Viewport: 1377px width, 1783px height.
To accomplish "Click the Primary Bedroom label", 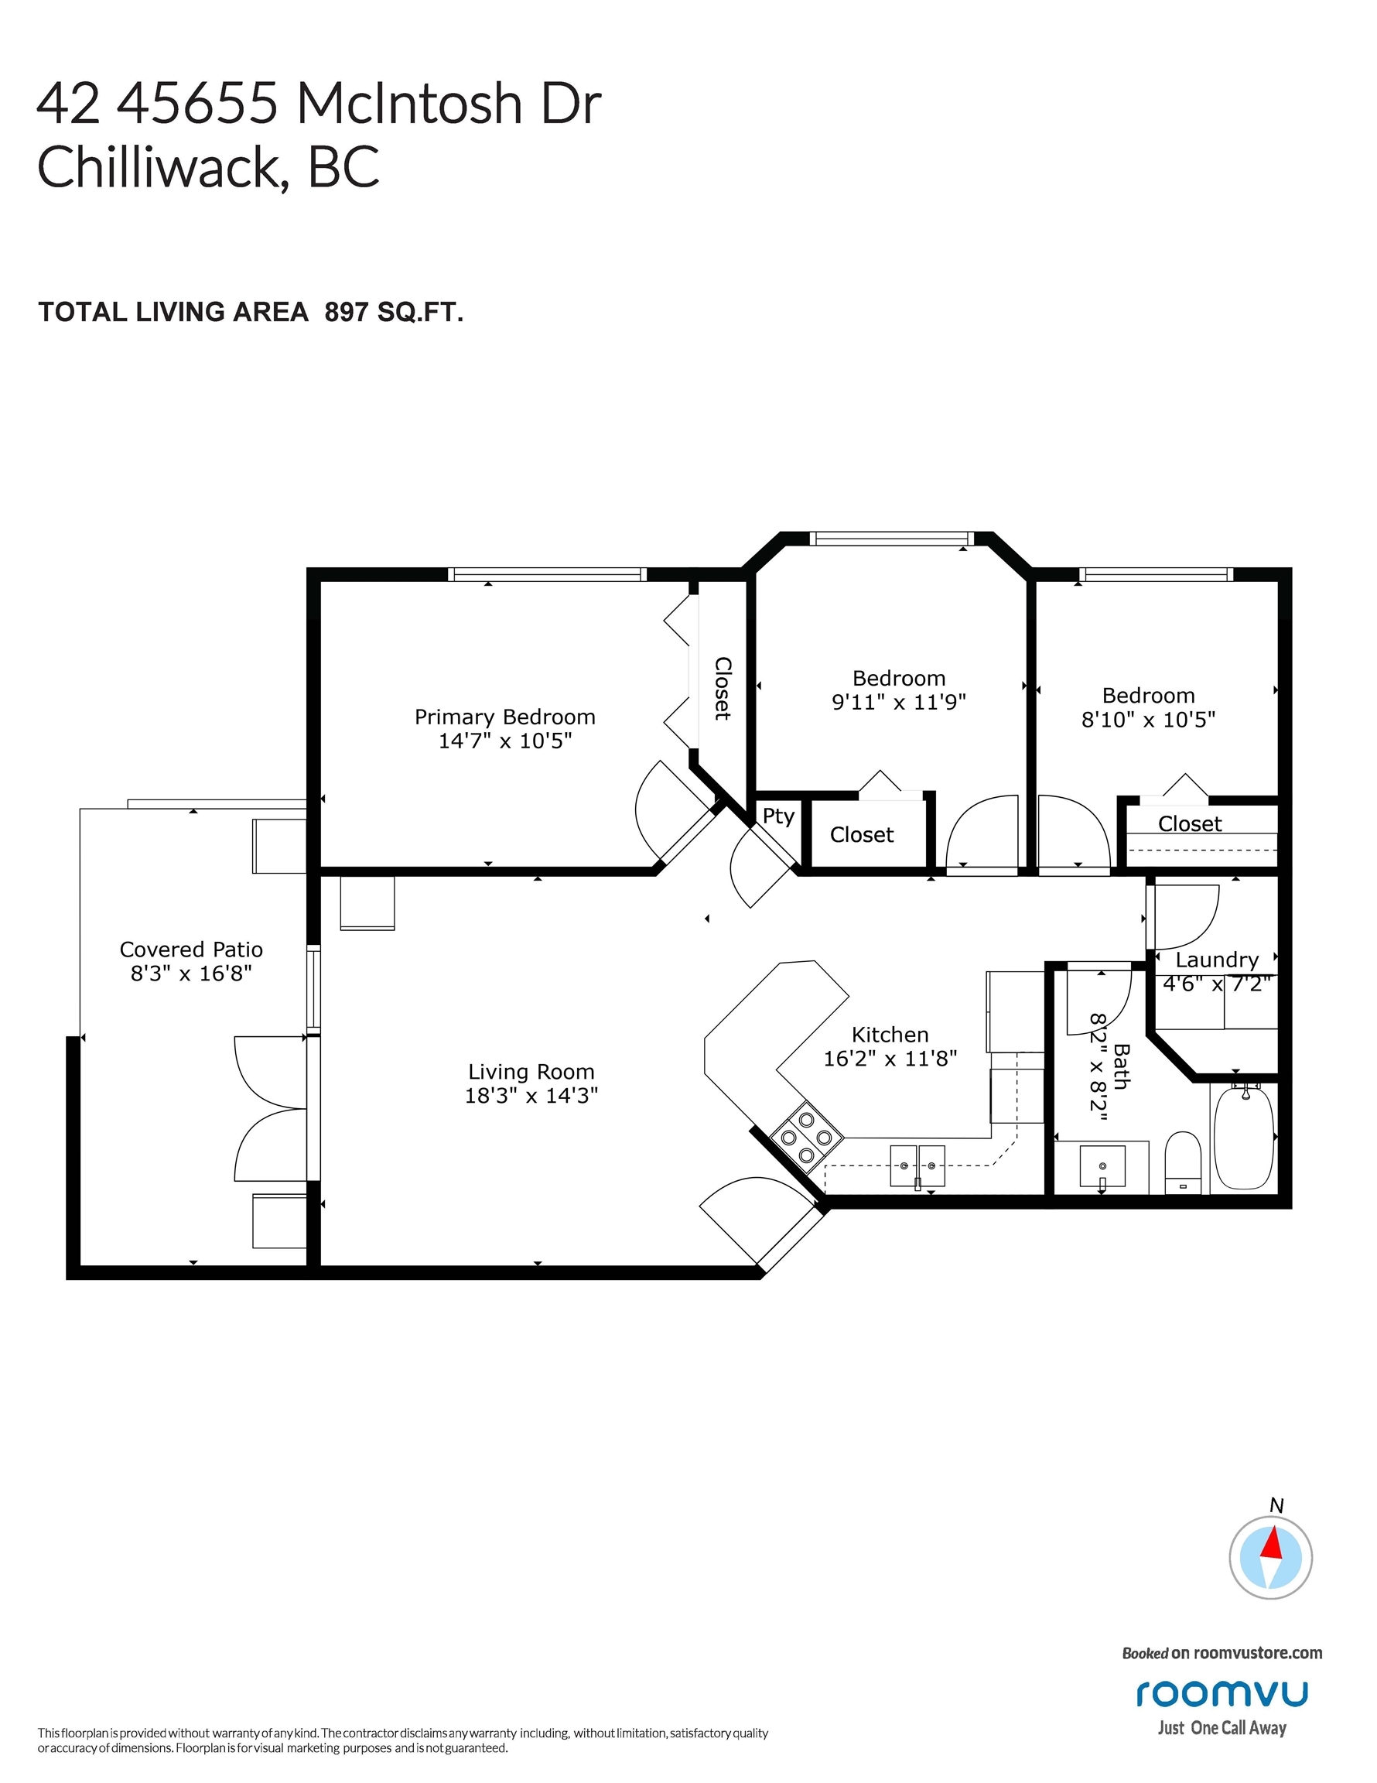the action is (x=504, y=717).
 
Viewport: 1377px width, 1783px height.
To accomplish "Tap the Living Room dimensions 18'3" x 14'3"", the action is (x=531, y=1096).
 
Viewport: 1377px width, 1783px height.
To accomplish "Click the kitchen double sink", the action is (x=917, y=1165).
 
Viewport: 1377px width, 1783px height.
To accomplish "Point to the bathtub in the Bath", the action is (x=1243, y=1136).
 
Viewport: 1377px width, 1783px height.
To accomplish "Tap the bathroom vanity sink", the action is (x=1102, y=1165).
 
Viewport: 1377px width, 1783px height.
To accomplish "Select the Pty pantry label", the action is (x=779, y=816).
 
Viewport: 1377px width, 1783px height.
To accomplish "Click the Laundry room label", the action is (x=1217, y=960).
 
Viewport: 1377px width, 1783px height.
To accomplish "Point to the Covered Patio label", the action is (x=191, y=950).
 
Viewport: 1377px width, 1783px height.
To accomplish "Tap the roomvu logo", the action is (x=1223, y=1693).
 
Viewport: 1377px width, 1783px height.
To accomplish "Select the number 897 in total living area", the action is (x=347, y=312).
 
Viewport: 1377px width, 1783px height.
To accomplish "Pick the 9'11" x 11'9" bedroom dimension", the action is (x=899, y=702).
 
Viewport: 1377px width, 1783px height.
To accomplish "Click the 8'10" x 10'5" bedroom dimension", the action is (x=1149, y=719).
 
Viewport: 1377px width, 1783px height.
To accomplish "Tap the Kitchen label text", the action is (x=890, y=1035).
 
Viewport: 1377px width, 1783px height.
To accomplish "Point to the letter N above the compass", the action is (x=1277, y=1505).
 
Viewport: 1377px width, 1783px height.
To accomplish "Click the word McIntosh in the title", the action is (x=408, y=104).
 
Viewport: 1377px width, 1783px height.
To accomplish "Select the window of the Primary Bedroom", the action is (x=547, y=575).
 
